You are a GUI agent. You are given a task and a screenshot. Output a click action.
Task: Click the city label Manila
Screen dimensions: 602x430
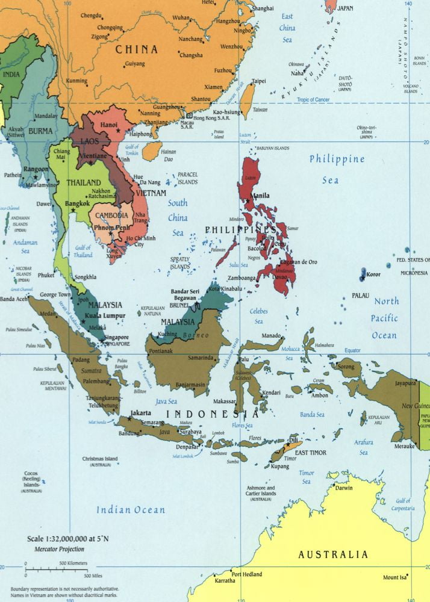(x=261, y=196)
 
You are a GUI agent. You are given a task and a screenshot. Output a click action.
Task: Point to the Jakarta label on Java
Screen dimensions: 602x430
(x=140, y=413)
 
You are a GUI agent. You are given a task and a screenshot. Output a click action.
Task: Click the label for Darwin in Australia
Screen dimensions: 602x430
(x=344, y=488)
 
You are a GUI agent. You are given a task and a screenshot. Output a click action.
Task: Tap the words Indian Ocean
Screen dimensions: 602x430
(x=131, y=510)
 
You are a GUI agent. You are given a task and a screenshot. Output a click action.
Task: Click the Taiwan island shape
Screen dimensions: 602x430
(x=248, y=99)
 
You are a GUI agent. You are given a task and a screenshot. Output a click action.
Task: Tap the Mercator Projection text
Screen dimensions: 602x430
(x=52, y=549)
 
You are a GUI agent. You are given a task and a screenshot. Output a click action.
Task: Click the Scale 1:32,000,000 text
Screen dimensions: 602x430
(x=63, y=539)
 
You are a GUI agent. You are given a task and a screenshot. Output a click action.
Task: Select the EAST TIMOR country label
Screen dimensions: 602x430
(x=310, y=452)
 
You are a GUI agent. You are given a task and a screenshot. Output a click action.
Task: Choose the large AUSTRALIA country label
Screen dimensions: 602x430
(x=333, y=554)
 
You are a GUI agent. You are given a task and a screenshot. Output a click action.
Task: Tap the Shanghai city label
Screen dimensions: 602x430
(x=262, y=8)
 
